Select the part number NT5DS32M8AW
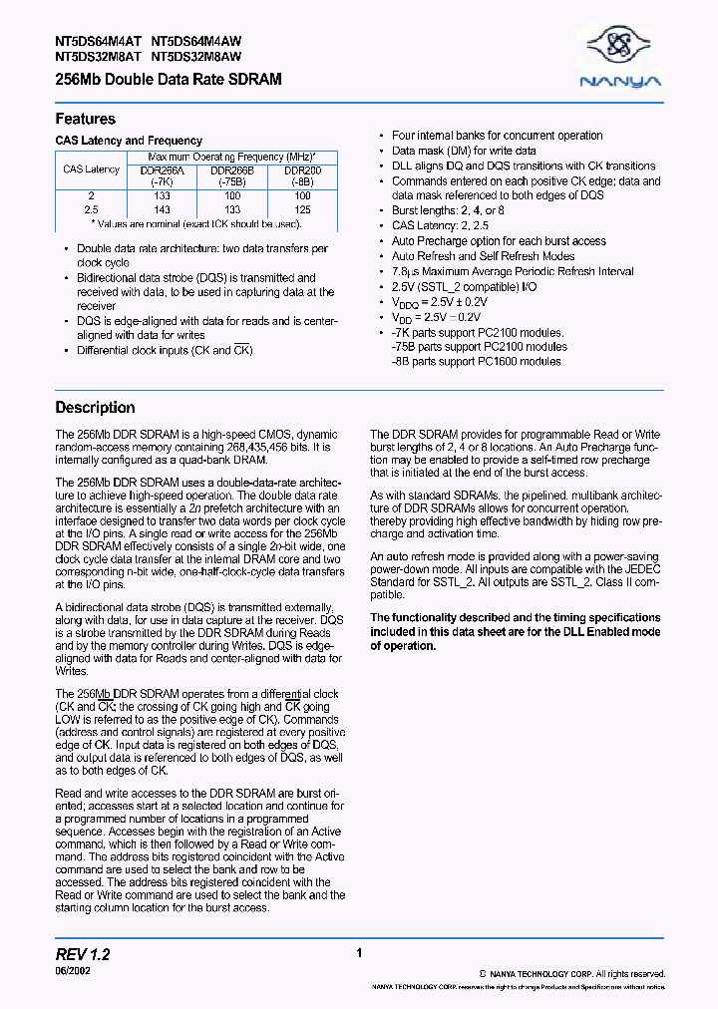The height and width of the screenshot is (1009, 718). click(196, 57)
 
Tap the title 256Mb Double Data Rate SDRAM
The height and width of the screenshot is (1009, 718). click(169, 79)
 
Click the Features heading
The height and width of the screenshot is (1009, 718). click(85, 119)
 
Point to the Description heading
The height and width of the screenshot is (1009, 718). click(95, 407)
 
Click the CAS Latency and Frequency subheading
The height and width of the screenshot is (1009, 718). click(129, 141)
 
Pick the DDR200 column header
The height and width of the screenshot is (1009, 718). click(303, 174)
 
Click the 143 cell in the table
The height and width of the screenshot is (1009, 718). click(163, 210)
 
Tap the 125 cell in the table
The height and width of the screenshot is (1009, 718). click(303, 210)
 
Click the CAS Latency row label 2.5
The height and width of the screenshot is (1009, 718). click(91, 210)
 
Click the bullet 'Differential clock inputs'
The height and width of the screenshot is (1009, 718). click(166, 350)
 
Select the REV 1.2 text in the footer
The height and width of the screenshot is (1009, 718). click(83, 955)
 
